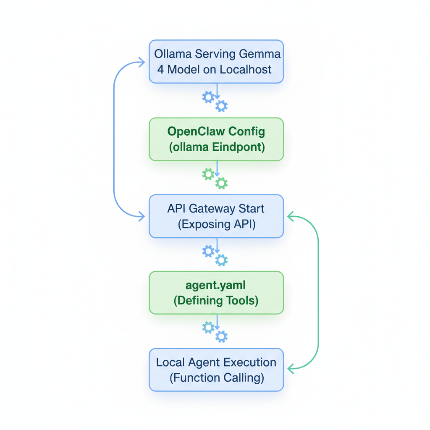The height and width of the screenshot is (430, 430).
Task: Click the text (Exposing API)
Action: coord(216,224)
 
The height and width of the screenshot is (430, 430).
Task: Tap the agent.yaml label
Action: coord(216,285)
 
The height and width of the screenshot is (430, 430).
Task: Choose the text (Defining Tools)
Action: coord(216,301)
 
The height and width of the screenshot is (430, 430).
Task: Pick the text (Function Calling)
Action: coord(217,378)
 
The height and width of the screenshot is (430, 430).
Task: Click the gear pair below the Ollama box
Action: coord(215,101)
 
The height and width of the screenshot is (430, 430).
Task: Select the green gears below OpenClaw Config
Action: coord(215,178)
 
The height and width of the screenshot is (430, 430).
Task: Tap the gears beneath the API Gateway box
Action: coord(215,255)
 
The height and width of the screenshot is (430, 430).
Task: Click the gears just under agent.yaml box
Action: coord(215,332)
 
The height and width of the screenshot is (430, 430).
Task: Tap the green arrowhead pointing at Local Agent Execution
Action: coord(291,369)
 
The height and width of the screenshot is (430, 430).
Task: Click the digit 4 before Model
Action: coord(160,70)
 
